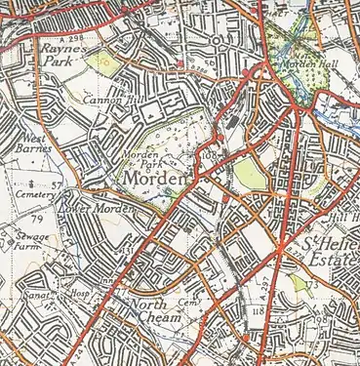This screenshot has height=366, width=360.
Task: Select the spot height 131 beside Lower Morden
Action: pyautogui.click(x=127, y=251)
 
